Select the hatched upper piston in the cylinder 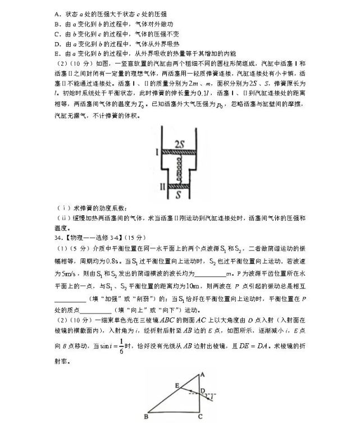[179, 152]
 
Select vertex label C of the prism [200, 416]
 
